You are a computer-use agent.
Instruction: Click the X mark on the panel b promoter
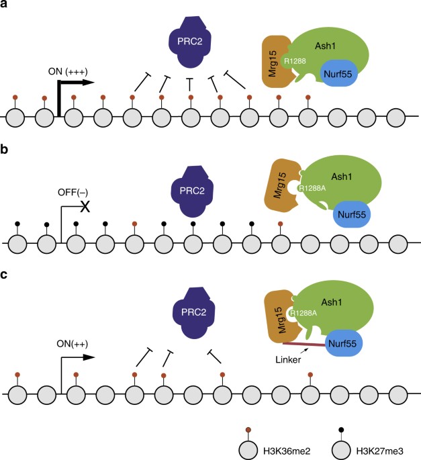point(85,206)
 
